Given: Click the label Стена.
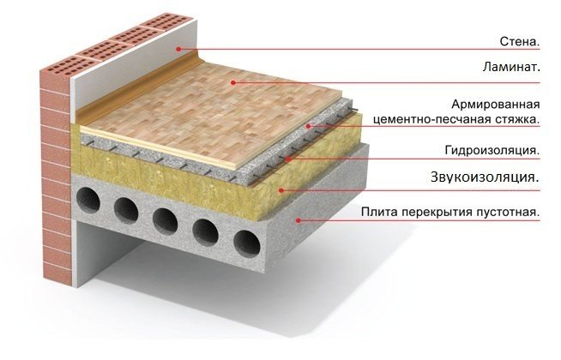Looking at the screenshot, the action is [x=519, y=41].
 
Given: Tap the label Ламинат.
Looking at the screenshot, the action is [x=511, y=67].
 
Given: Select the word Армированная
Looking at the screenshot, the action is [x=495, y=105].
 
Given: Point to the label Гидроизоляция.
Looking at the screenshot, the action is [x=492, y=151].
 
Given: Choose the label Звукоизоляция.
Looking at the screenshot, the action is [x=485, y=177].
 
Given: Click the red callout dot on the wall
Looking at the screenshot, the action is [x=178, y=49].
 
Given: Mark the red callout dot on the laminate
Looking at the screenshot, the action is [x=233, y=82].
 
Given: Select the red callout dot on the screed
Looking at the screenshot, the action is [x=308, y=126].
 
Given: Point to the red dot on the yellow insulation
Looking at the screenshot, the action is [x=281, y=190].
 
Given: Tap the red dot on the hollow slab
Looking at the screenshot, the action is [x=298, y=220].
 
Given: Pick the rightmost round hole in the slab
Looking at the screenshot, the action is [x=247, y=243].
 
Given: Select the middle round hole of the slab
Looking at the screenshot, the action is [x=166, y=221].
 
